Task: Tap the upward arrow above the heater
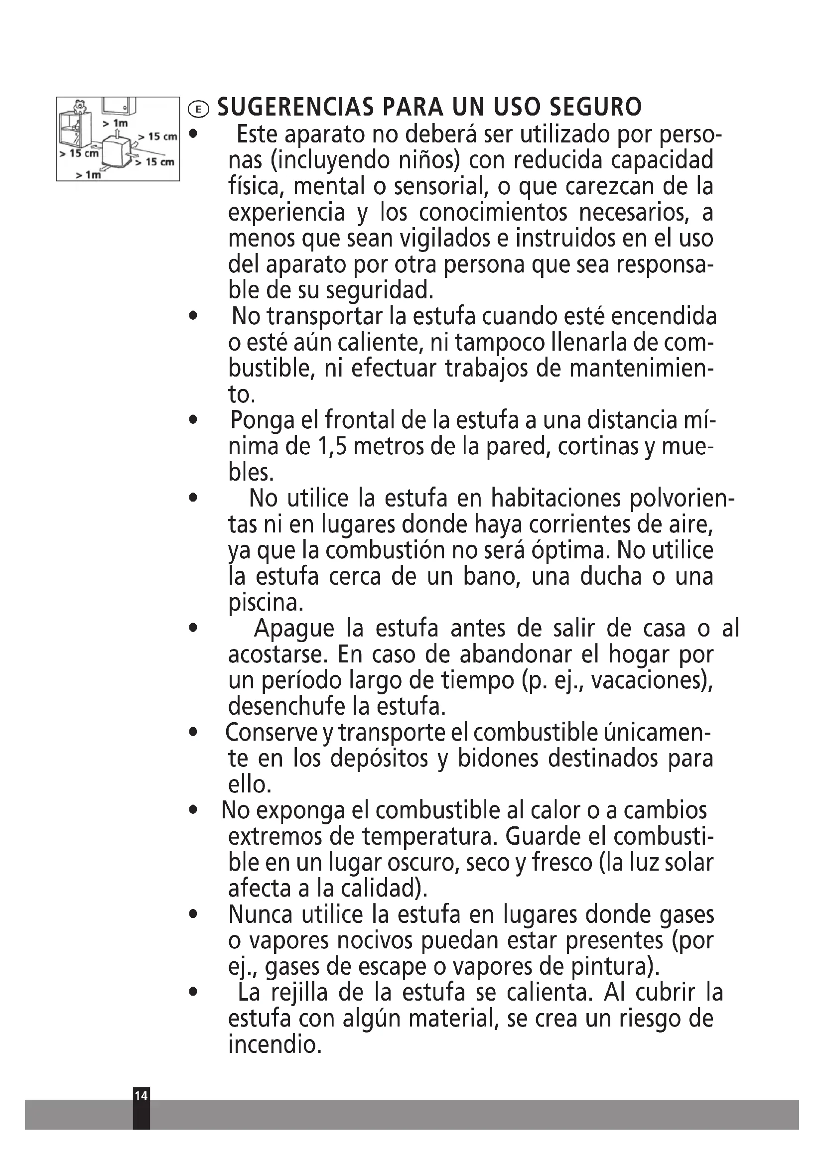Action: click(118, 133)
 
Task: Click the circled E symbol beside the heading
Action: click(198, 109)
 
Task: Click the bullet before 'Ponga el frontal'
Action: click(192, 421)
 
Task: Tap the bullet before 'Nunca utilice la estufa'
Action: click(192, 915)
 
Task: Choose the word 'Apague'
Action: click(294, 628)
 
